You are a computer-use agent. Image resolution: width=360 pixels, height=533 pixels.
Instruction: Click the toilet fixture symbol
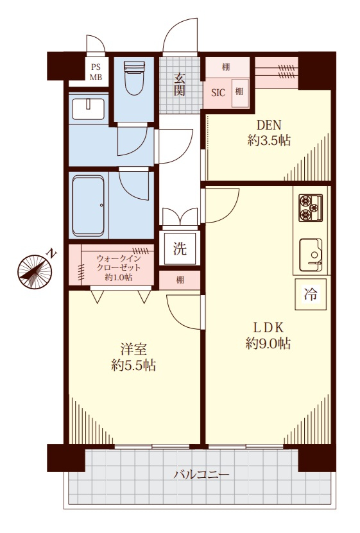(x=135, y=78)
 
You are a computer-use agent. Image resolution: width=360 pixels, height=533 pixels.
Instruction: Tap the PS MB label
(x=96, y=72)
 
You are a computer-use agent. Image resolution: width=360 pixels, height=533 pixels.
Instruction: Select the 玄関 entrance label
(x=180, y=85)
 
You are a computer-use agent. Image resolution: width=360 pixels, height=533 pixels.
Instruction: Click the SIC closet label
(x=218, y=93)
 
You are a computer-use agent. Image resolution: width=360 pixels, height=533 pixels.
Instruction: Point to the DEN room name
(x=269, y=126)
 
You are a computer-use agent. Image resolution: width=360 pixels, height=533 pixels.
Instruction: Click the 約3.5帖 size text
(x=269, y=140)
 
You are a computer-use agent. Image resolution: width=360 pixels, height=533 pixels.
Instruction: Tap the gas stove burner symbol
(x=311, y=207)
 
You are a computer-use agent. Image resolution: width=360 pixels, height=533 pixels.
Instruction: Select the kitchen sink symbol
(x=311, y=255)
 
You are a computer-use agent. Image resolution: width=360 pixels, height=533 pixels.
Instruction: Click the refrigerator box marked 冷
(x=311, y=294)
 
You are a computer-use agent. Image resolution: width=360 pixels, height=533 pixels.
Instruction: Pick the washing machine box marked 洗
(x=180, y=248)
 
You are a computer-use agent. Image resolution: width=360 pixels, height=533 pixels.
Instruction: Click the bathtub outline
(x=88, y=205)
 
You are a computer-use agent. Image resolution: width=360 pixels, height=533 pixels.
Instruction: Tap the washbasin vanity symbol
(x=89, y=109)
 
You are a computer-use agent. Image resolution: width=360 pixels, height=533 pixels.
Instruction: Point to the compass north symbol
(x=35, y=272)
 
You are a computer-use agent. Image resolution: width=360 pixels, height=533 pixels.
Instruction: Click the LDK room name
(x=268, y=328)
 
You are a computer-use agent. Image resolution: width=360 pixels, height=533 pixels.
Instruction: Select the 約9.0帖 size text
(x=268, y=344)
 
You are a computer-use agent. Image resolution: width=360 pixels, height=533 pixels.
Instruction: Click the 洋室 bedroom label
(x=133, y=350)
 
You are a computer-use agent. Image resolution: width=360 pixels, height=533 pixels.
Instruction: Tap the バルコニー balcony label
(x=201, y=474)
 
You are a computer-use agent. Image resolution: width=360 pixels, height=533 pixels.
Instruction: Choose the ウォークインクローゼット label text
(x=118, y=262)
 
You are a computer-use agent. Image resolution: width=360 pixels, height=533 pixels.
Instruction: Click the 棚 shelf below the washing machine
(x=180, y=280)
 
